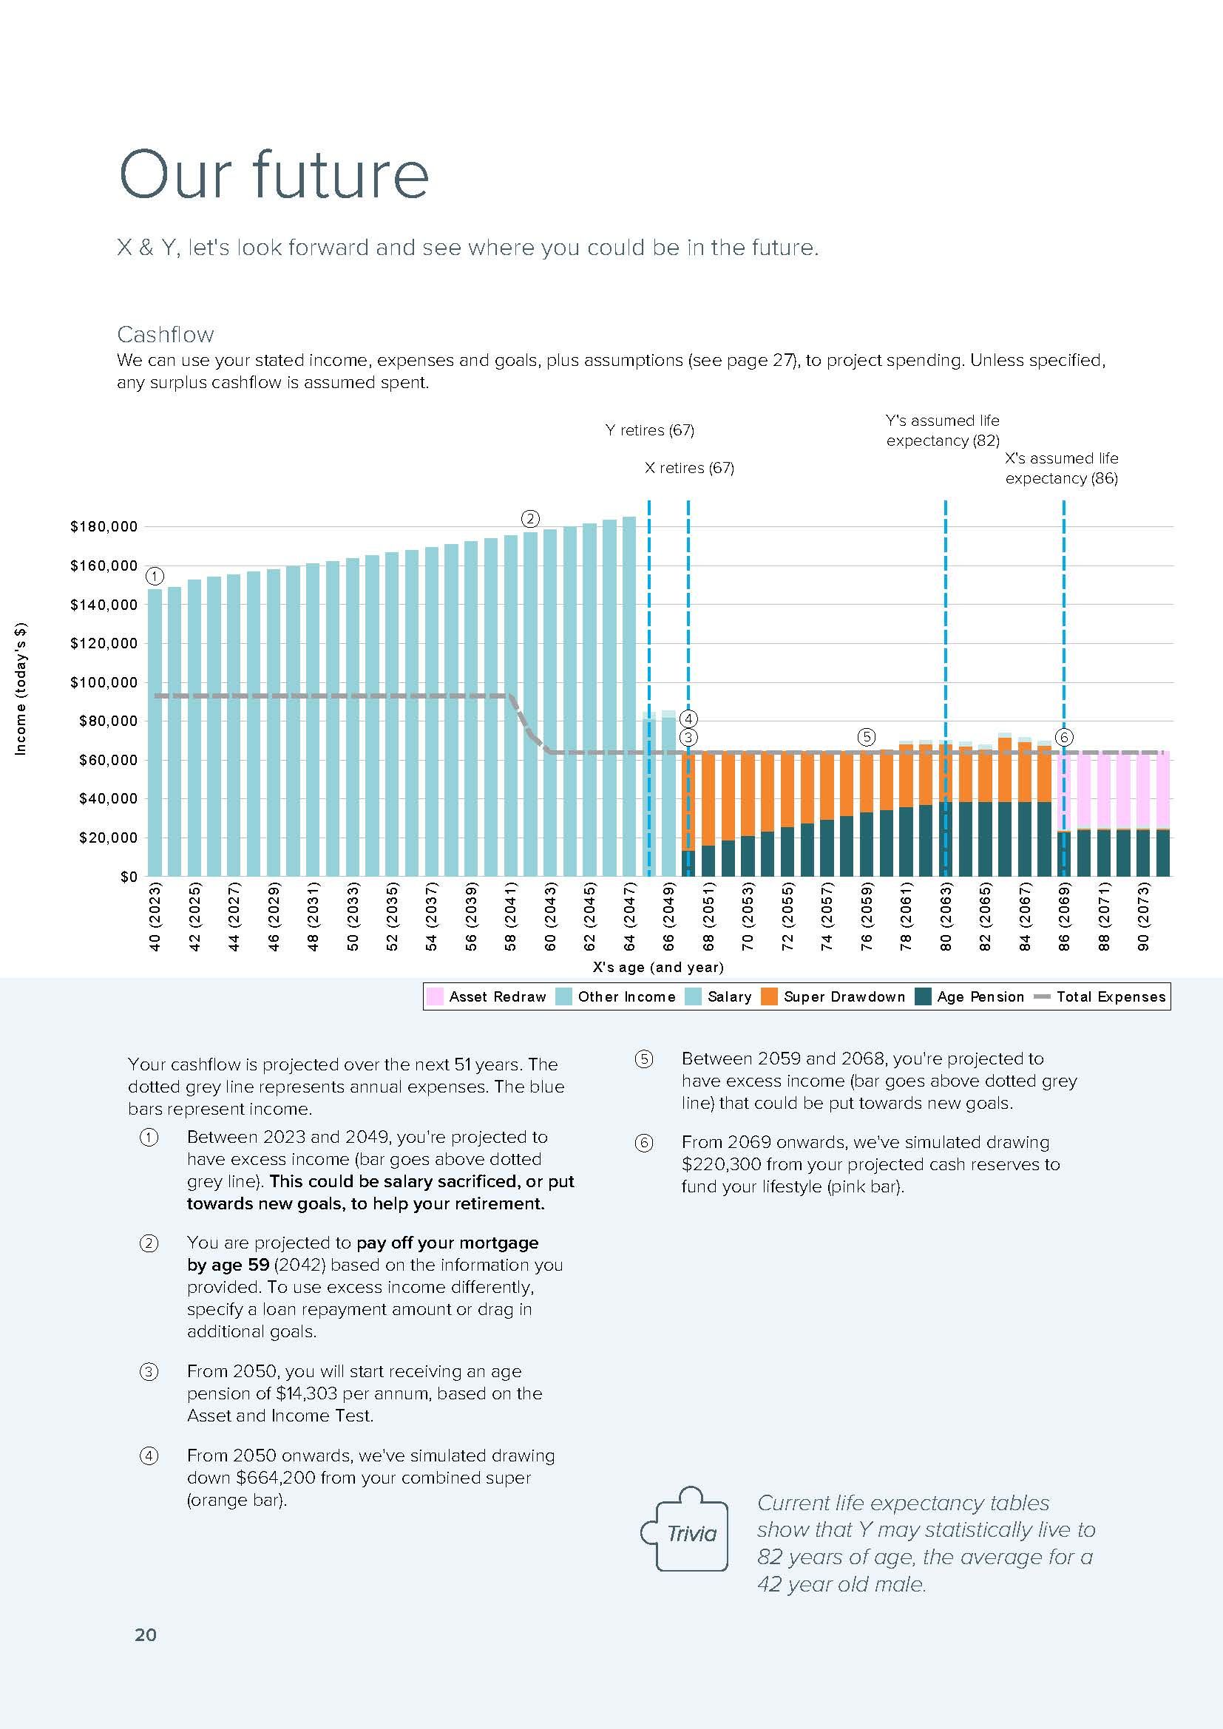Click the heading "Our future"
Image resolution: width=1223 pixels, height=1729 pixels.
tap(274, 174)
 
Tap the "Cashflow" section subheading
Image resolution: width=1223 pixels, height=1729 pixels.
tap(165, 334)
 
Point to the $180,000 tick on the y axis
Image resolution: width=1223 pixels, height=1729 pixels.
tap(104, 526)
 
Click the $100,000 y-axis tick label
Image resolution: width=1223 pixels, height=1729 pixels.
tap(104, 682)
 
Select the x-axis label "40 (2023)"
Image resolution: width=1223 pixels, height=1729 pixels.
tap(155, 916)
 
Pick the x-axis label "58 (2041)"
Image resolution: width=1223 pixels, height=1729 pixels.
tap(511, 916)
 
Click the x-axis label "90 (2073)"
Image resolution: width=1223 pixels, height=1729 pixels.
tap(1143, 916)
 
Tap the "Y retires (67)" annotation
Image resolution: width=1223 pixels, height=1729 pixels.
tap(649, 430)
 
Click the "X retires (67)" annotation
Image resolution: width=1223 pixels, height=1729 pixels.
tap(689, 468)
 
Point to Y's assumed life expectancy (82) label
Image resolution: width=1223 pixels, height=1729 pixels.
tap(942, 430)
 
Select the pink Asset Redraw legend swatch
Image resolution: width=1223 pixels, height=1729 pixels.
tap(436, 996)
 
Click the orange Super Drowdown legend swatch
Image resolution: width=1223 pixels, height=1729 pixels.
tap(769, 996)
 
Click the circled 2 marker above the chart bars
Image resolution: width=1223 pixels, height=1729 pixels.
tap(530, 519)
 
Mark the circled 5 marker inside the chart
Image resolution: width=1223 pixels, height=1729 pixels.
tap(866, 737)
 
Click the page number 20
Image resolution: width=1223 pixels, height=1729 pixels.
tap(146, 1634)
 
